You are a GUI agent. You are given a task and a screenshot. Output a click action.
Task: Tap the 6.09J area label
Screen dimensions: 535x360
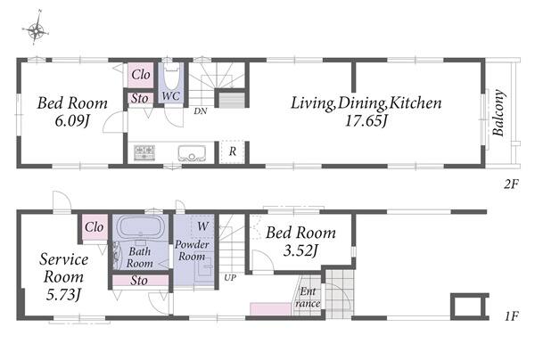[x=72, y=120]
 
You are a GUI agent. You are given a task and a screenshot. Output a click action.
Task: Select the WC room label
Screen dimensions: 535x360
[x=170, y=96]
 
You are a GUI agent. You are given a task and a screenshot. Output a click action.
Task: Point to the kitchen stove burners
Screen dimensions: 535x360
[x=144, y=152]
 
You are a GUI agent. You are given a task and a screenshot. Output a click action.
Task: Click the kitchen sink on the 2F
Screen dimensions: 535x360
[x=192, y=153]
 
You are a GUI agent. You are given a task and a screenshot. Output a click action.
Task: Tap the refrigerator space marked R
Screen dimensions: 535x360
[x=233, y=151]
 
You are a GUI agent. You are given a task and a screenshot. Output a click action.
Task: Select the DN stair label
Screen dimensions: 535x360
[x=201, y=111]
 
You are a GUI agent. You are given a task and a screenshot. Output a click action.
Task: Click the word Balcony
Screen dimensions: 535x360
[x=498, y=112]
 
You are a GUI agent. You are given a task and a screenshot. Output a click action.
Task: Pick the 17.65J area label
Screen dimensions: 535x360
[x=366, y=120]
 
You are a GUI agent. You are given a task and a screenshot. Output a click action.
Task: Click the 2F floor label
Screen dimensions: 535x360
[x=511, y=184]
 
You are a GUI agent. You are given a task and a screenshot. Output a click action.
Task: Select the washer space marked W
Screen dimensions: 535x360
[x=202, y=226]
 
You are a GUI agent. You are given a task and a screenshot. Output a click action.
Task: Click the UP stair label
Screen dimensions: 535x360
[x=230, y=278]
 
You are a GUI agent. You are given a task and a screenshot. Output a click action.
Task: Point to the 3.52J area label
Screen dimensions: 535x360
[x=300, y=251]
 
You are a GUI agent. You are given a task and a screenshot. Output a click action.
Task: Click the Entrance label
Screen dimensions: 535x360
[x=308, y=298]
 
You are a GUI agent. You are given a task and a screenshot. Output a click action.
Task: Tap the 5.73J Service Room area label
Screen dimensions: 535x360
[x=63, y=294]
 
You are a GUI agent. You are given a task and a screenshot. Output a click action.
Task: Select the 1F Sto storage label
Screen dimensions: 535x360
[x=139, y=281]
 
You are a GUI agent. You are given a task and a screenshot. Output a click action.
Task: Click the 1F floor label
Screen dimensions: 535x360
[x=511, y=316]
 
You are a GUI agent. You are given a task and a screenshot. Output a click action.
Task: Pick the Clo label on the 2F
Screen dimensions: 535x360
[x=141, y=74]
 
